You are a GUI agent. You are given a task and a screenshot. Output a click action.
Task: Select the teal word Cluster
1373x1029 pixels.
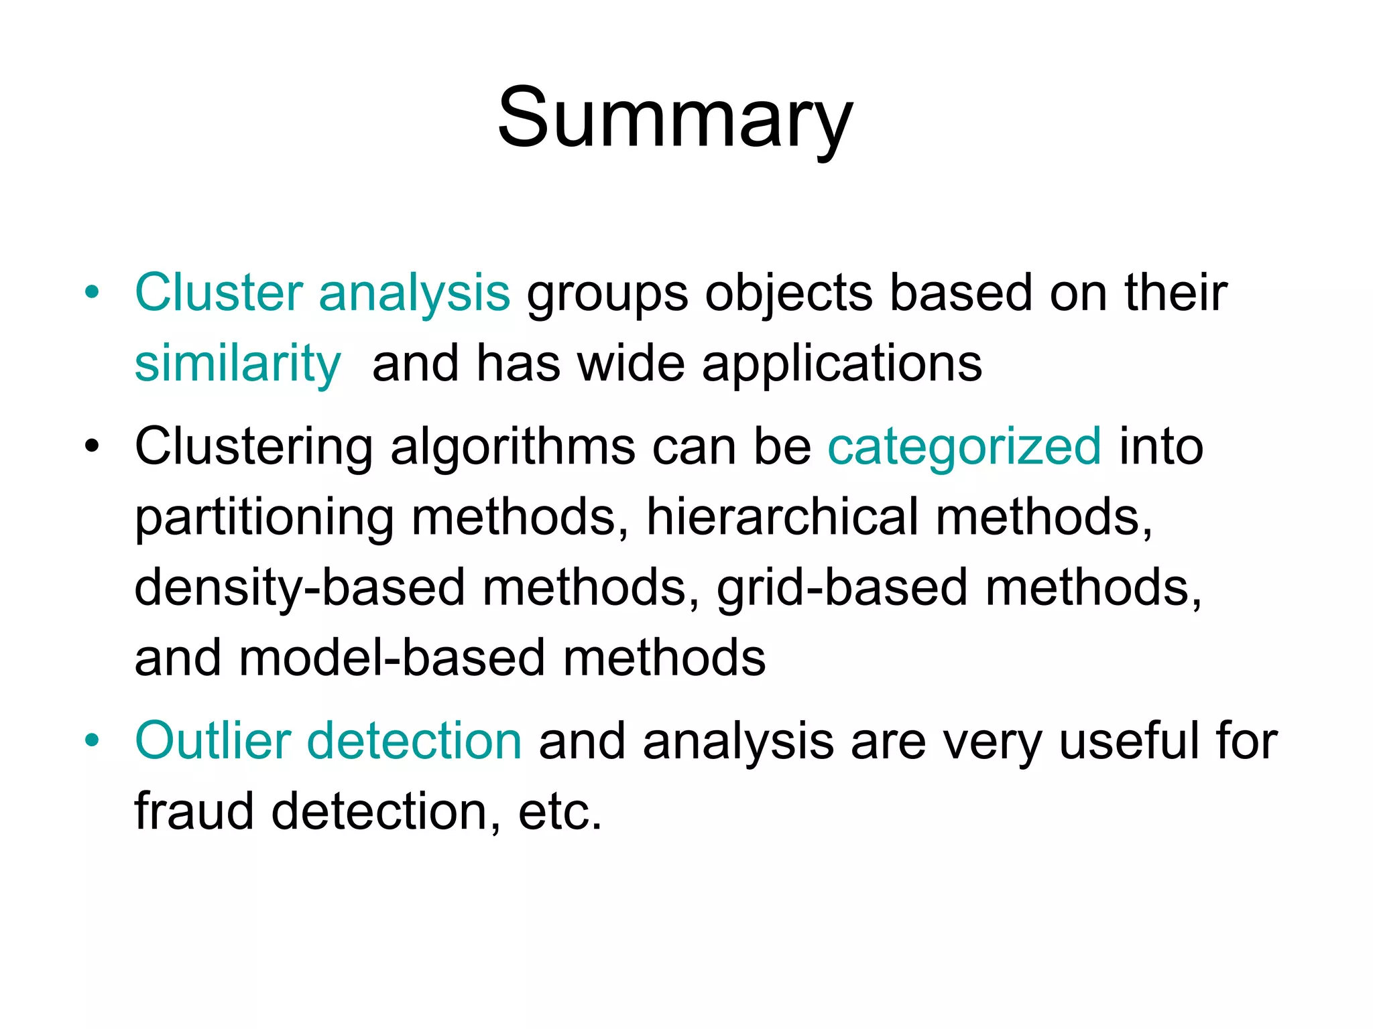click(x=219, y=293)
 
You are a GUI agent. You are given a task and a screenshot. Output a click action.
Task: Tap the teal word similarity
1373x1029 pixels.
click(x=237, y=364)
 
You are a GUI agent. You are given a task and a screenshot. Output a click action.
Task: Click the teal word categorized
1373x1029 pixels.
click(x=965, y=446)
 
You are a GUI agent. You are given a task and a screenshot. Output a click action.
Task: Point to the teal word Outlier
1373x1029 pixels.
click(x=213, y=741)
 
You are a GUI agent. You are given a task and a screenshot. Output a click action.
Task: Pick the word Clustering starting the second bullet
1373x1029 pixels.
click(x=253, y=448)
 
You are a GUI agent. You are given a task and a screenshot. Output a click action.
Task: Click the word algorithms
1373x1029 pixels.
click(x=512, y=448)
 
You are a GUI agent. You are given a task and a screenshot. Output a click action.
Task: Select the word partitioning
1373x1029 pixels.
click(x=264, y=519)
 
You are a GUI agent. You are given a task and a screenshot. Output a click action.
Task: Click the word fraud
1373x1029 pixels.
click(x=194, y=811)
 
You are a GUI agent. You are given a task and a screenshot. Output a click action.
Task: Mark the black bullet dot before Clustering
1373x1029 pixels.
click(x=92, y=446)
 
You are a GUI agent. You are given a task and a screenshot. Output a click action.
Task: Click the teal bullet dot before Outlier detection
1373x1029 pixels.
click(x=92, y=741)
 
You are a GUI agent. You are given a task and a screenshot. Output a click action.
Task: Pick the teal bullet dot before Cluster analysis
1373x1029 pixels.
click(x=92, y=293)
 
